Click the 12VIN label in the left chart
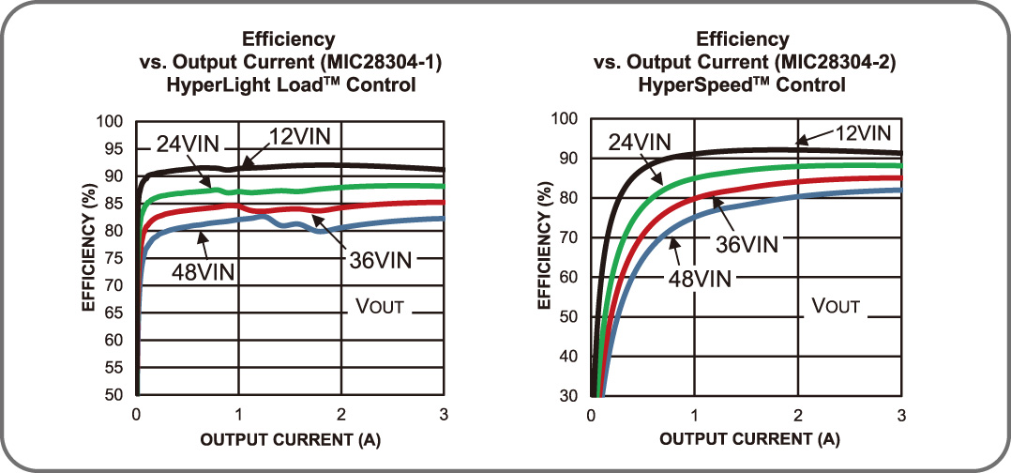[x=299, y=136]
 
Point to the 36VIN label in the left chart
[x=379, y=260]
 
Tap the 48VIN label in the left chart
[x=203, y=272]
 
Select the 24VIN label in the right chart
[x=640, y=142]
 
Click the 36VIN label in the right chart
[x=747, y=244]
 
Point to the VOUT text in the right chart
[x=835, y=306]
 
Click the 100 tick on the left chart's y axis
[x=112, y=122]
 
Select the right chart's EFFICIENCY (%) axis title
[x=543, y=252]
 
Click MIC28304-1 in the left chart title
[x=387, y=63]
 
